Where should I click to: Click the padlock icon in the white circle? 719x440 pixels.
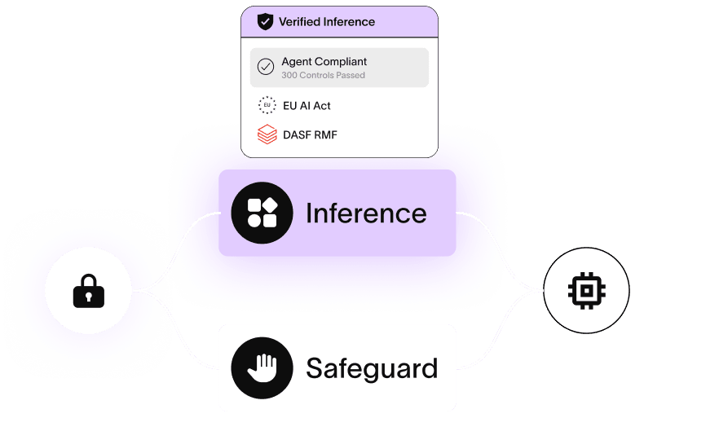pyautogui.click(x=89, y=291)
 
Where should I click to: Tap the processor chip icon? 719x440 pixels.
pyautogui.click(x=586, y=290)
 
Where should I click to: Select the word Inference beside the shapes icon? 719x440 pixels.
pyautogui.click(x=366, y=213)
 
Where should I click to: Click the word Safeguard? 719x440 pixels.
pyautogui.click(x=372, y=368)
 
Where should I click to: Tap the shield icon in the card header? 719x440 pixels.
pyautogui.click(x=265, y=22)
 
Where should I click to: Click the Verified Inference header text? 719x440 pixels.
pyautogui.click(x=326, y=22)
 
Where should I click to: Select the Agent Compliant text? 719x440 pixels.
pyautogui.click(x=324, y=61)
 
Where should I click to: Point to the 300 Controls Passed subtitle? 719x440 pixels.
pyautogui.click(x=323, y=76)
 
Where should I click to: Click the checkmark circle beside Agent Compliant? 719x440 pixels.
pyautogui.click(x=266, y=68)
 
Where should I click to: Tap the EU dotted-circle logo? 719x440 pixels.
pyautogui.click(x=267, y=106)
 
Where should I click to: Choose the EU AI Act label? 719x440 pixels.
pyautogui.click(x=306, y=106)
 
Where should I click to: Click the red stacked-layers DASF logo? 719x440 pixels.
pyautogui.click(x=267, y=134)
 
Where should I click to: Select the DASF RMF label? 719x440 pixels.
pyautogui.click(x=309, y=134)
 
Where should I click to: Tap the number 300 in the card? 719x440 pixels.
pyautogui.click(x=289, y=76)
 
